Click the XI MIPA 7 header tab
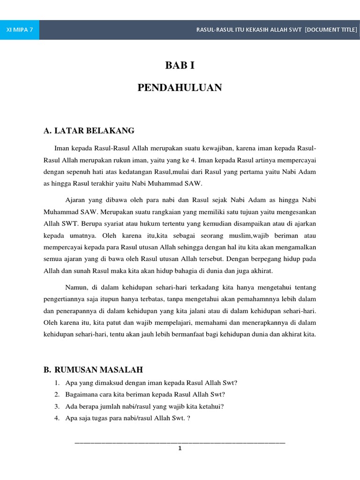tap(20, 30)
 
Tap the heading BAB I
tap(180, 66)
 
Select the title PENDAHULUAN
tap(180, 88)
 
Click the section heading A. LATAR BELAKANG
tap(89, 131)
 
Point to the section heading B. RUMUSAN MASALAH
tap(93, 370)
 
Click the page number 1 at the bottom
tap(180, 448)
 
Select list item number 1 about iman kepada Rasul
tap(151, 382)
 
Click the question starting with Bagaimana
tap(145, 394)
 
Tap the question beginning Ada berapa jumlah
tap(144, 406)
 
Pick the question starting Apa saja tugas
tap(128, 418)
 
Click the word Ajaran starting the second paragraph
tap(76, 199)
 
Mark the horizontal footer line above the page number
tap(180, 442)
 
